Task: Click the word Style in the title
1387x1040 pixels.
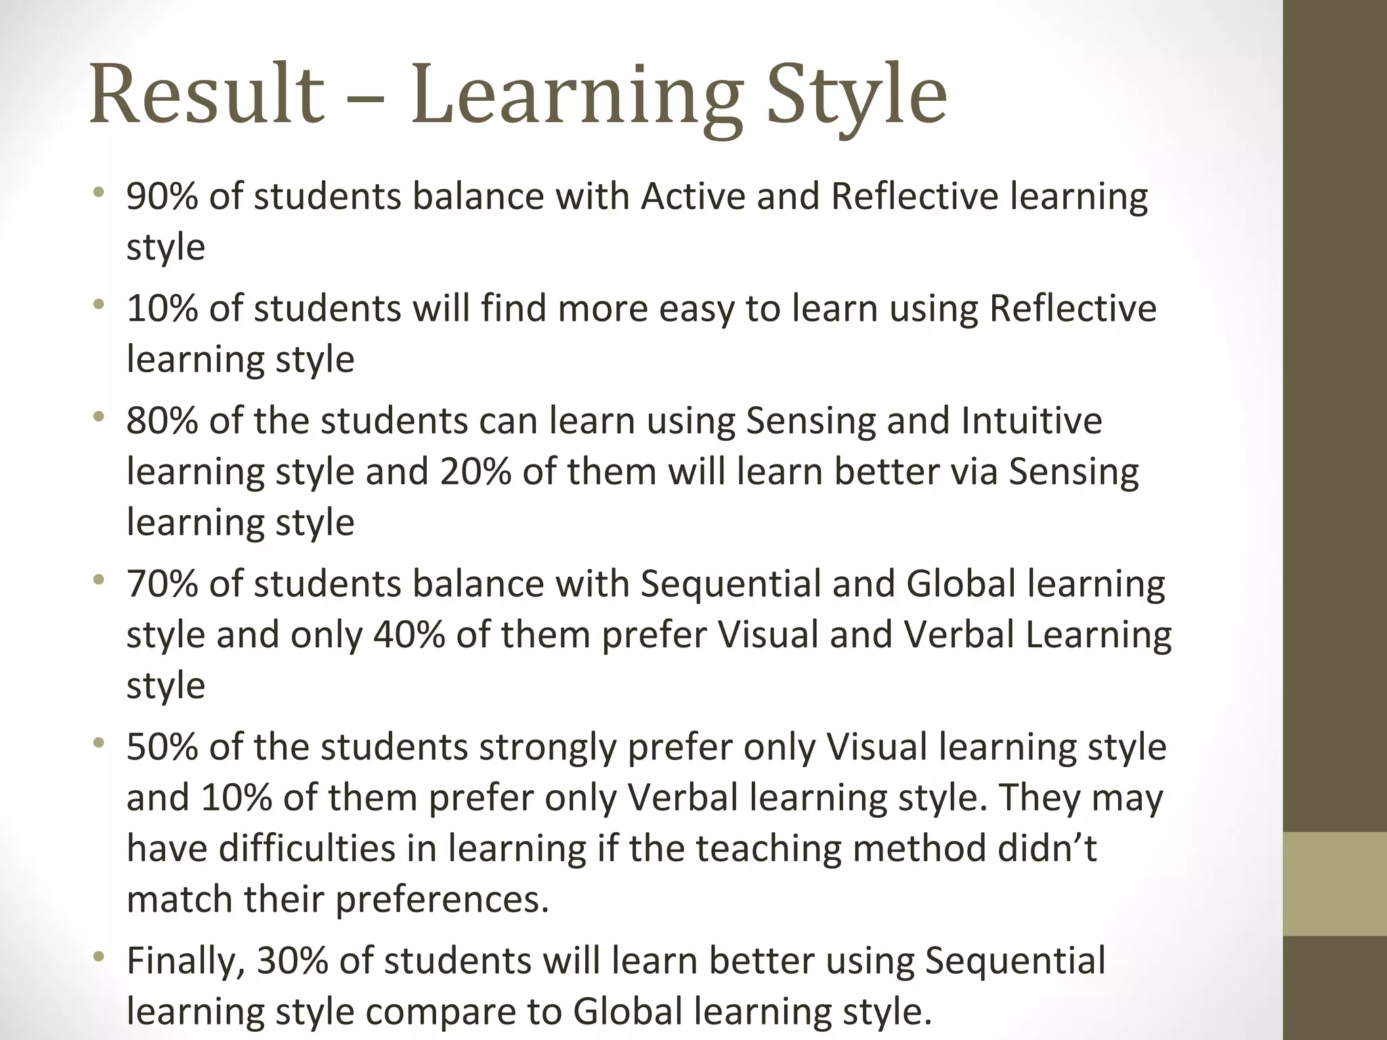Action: [x=857, y=95]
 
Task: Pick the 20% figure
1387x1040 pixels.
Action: [x=475, y=472]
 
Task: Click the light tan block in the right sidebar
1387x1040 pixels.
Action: [x=1334, y=884]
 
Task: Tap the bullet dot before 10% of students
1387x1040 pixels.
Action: [x=100, y=306]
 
